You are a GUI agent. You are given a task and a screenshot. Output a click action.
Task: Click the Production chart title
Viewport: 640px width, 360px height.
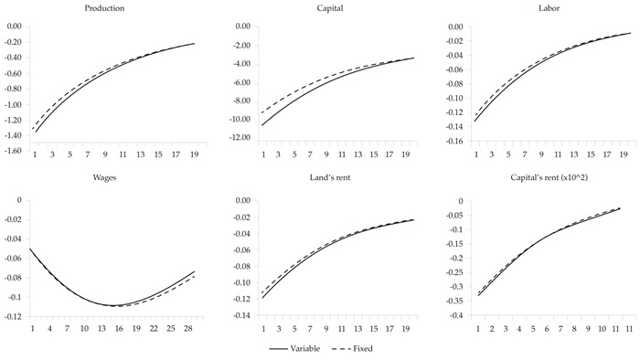pyautogui.click(x=104, y=8)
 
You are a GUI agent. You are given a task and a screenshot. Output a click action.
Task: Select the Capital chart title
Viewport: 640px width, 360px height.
pyautogui.click(x=316, y=8)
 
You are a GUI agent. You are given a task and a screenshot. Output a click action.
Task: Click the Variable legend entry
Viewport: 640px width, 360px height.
pyautogui.click(x=291, y=348)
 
